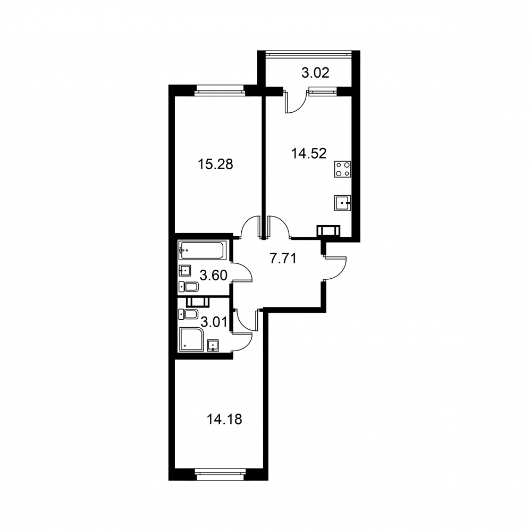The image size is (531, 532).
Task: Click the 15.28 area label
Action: pos(215,164)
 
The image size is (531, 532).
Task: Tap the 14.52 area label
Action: pos(309,153)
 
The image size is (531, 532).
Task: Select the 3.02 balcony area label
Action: pos(315,73)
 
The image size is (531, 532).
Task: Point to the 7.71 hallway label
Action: pos(283,259)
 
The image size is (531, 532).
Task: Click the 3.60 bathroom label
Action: pos(213,275)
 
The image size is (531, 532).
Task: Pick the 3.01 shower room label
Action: pos(214,322)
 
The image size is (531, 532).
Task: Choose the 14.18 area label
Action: pos(224,420)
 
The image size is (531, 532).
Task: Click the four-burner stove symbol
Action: pos(342,169)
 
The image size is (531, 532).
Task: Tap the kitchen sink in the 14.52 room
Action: pos(342,203)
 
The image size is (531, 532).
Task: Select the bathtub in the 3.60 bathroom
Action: pos(202,251)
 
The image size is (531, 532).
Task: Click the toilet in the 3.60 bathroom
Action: pos(189,287)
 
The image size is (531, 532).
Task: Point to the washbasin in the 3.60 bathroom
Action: pos(185,271)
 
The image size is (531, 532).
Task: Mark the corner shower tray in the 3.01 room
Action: pos(191,339)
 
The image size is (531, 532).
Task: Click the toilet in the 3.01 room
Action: pos(188,314)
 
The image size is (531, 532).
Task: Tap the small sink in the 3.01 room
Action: pos(213,345)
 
